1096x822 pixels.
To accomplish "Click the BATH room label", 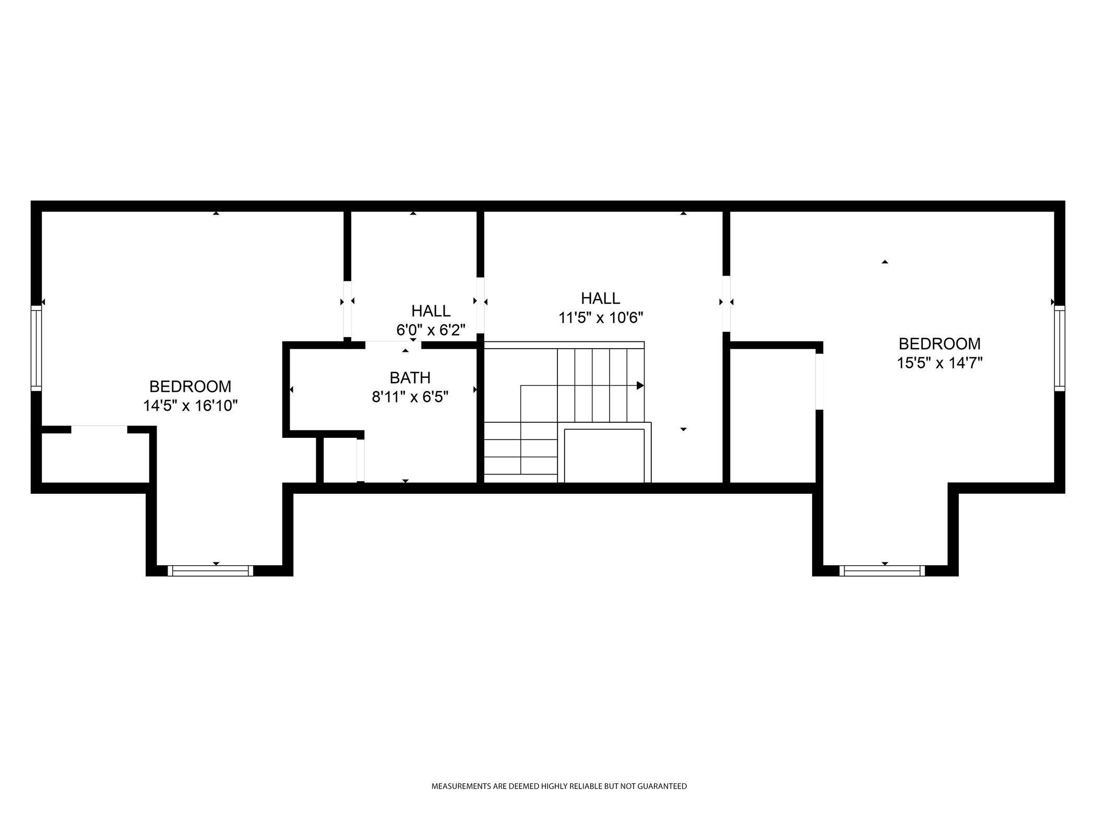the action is click(x=410, y=377).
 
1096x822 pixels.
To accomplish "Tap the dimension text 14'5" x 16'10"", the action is click(x=190, y=406).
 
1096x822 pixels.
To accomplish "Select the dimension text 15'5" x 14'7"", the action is click(x=939, y=363).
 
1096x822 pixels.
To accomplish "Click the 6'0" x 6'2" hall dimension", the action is click(x=431, y=330).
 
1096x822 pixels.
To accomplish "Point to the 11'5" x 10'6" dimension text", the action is click(x=601, y=317).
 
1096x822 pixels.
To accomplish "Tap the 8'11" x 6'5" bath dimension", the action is click(x=410, y=397).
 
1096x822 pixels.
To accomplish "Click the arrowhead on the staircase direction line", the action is click(x=640, y=386).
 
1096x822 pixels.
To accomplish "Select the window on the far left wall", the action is click(x=36, y=348).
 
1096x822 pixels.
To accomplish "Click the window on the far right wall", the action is click(x=1059, y=348).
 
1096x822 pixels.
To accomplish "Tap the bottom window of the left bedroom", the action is click(x=210, y=570).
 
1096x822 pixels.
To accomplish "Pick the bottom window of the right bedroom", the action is click(x=882, y=570).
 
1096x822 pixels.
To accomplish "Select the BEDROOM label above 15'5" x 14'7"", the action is click(x=939, y=344).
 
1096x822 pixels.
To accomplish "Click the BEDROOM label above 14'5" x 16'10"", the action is click(x=190, y=387).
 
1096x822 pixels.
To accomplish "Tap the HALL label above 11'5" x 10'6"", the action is click(x=601, y=299).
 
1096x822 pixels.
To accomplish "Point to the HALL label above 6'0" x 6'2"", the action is click(x=431, y=311).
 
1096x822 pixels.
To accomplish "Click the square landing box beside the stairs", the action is click(x=604, y=456).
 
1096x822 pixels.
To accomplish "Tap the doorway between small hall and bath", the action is click(x=393, y=344).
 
